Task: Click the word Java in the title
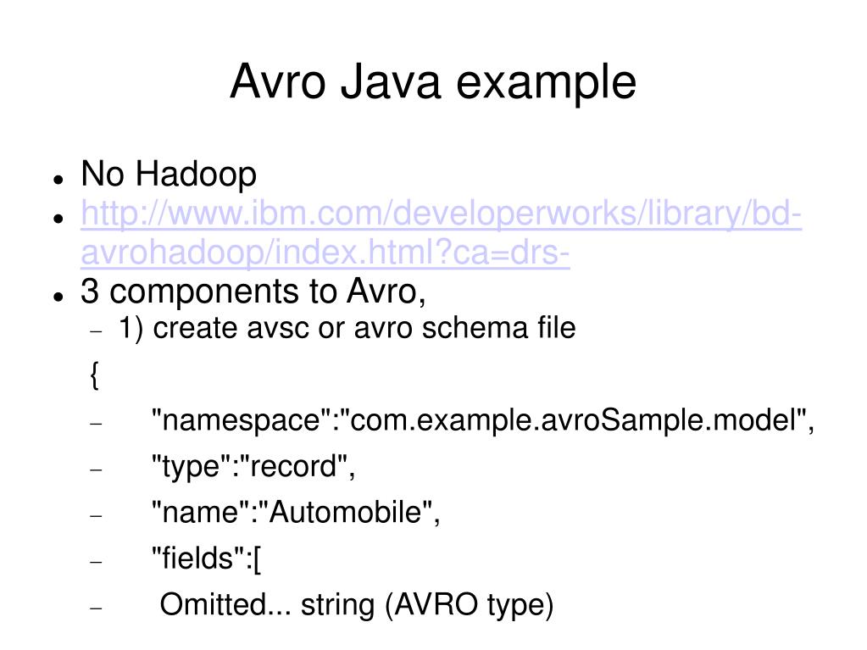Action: tap(390, 81)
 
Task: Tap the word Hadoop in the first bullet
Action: tap(197, 174)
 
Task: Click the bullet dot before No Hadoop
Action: tap(58, 179)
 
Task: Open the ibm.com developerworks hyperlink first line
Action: tap(442, 214)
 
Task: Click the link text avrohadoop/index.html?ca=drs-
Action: tap(325, 253)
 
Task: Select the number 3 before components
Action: tap(90, 291)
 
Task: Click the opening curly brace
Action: tap(95, 375)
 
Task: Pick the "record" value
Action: tap(294, 466)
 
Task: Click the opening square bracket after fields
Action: tap(257, 559)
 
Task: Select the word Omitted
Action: tap(213, 604)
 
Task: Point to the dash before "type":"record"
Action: tap(97, 469)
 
